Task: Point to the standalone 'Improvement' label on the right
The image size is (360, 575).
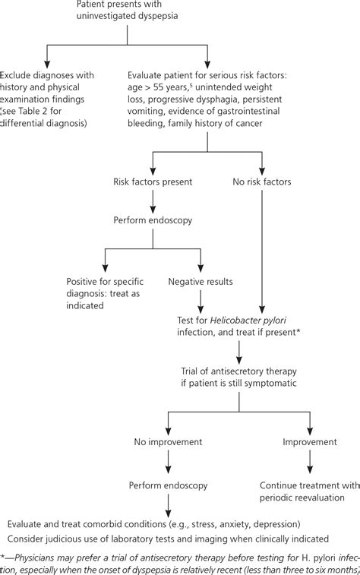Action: (309, 441)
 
